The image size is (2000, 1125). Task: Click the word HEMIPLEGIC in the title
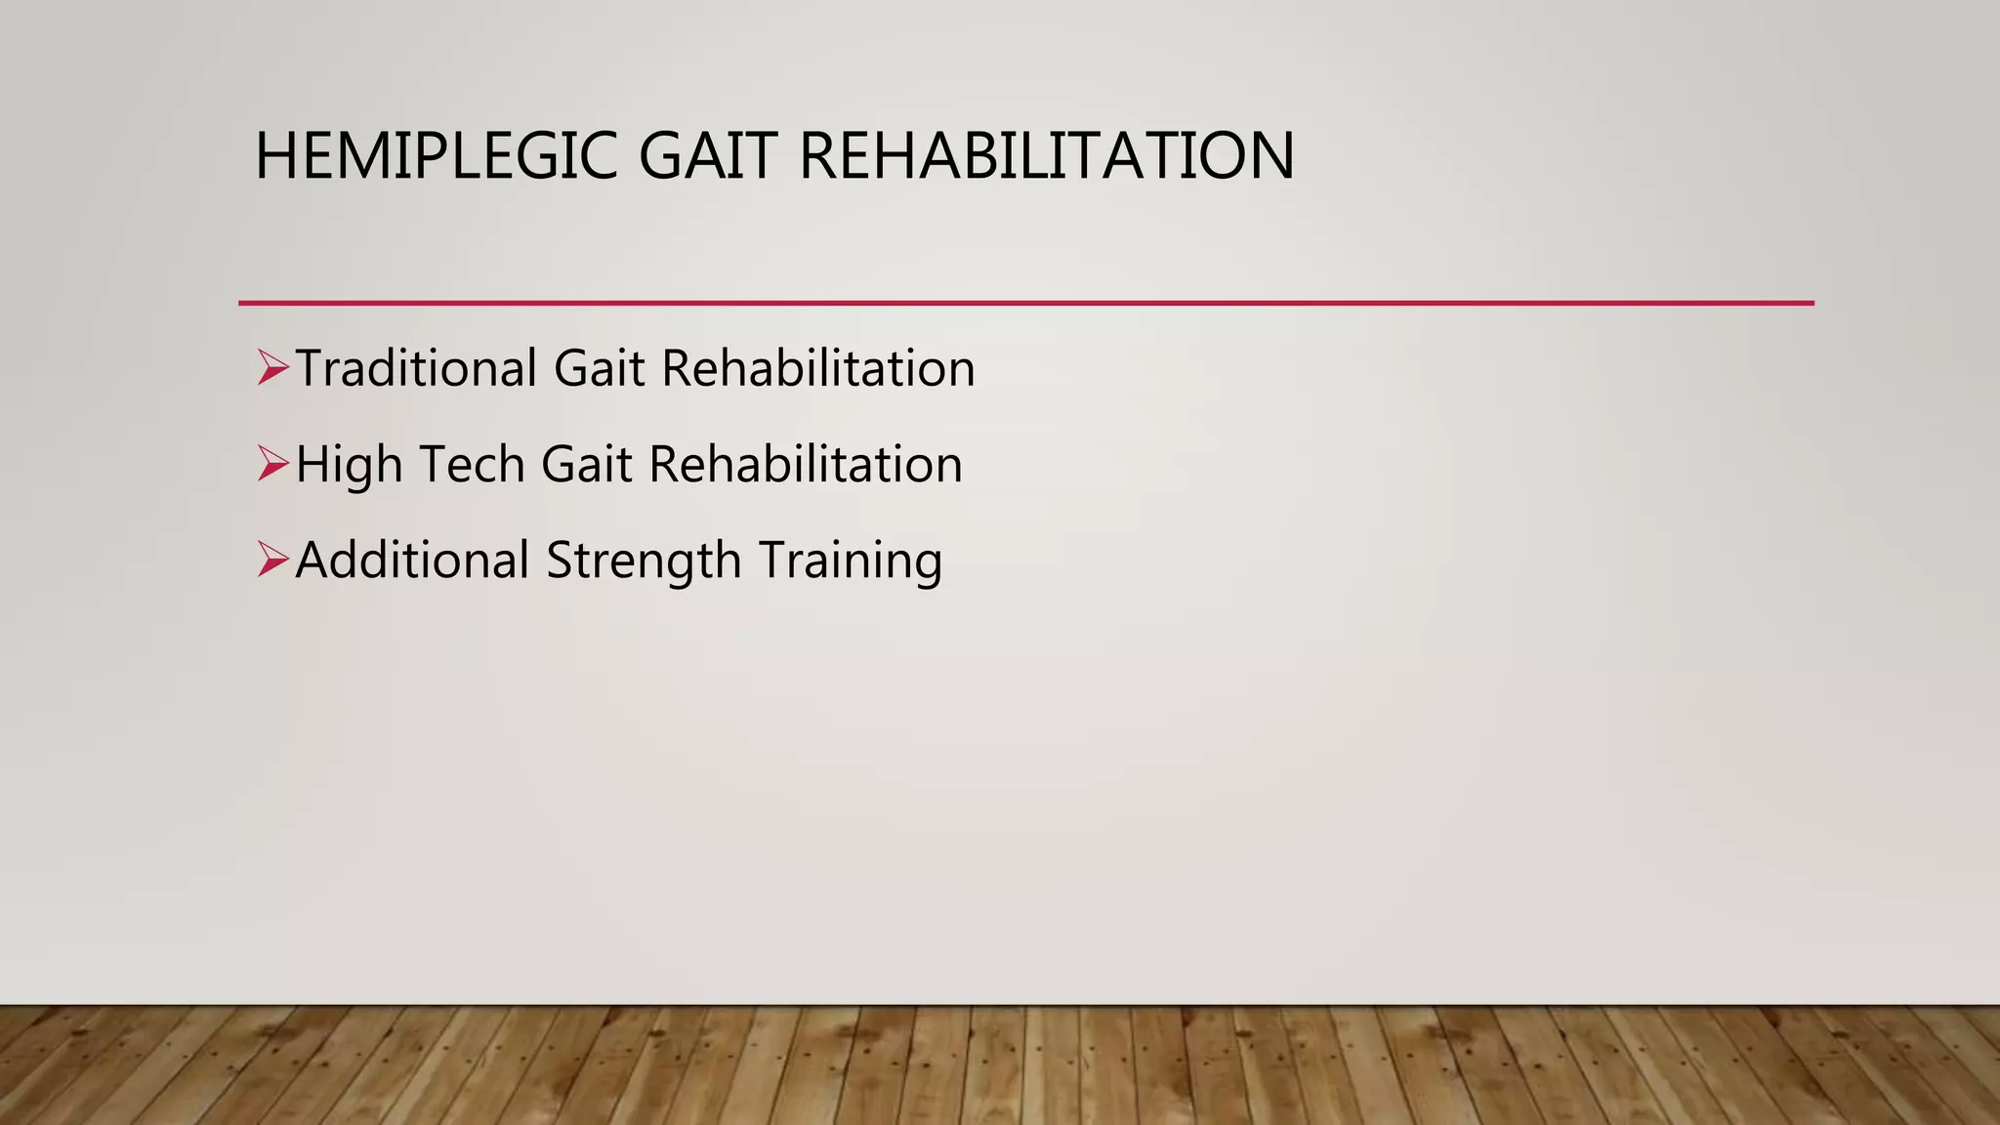(436, 156)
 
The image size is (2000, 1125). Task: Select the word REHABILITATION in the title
(1046, 156)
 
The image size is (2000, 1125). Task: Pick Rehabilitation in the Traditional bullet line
(817, 369)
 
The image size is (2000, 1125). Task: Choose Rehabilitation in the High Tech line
(806, 465)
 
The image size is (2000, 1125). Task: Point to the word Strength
(644, 561)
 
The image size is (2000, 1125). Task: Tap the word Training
(850, 561)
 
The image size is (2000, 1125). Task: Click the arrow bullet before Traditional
(272, 369)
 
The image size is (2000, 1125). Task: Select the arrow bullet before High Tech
(272, 465)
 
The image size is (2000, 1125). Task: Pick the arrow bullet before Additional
(272, 561)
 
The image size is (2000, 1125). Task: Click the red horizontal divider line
(1025, 303)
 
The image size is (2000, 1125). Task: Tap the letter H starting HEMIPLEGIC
(274, 156)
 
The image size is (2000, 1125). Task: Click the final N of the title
(1271, 156)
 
